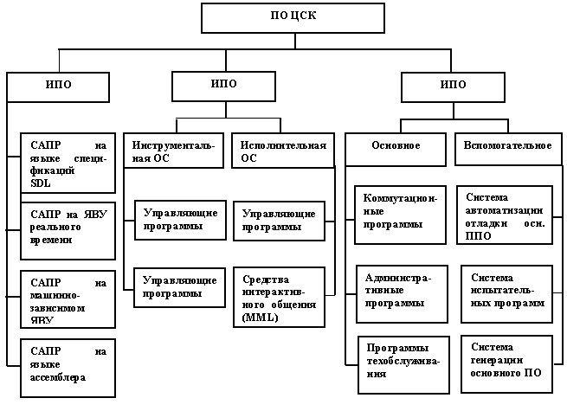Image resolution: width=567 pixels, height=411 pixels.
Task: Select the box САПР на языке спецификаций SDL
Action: click(x=66, y=163)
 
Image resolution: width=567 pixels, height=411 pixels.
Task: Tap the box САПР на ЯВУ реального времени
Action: click(x=66, y=230)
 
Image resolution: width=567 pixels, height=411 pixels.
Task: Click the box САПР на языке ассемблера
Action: click(x=66, y=367)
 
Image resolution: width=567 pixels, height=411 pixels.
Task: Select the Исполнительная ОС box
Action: click(x=283, y=151)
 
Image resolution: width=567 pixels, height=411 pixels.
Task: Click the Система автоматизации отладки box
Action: click(x=504, y=215)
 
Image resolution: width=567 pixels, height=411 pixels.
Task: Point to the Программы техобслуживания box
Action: click(x=399, y=362)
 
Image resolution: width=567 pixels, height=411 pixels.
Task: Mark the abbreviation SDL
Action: click(x=40, y=183)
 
